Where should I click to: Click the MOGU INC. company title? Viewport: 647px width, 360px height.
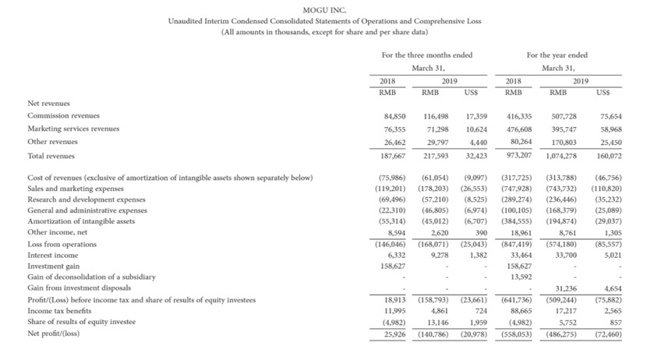click(323, 9)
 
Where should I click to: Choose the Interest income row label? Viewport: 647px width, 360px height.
click(53, 254)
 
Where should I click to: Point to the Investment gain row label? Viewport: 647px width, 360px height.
click(54, 266)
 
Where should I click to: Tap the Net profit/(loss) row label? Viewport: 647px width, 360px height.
click(56, 333)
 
